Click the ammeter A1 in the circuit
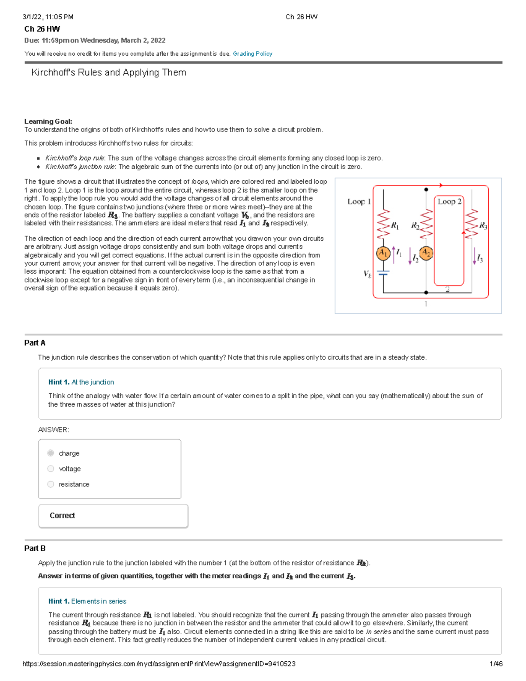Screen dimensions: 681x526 point(383,253)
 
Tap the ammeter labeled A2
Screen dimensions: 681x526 point(426,253)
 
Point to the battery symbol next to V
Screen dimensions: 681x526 point(383,273)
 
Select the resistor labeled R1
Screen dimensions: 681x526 point(383,224)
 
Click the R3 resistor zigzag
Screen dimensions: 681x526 point(471,224)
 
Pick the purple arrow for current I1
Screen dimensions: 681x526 point(394,254)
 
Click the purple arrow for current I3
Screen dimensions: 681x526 point(474,256)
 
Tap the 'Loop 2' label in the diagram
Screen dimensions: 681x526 point(449,201)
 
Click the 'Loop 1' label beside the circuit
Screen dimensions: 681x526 point(359,201)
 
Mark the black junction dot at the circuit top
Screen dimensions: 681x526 point(426,189)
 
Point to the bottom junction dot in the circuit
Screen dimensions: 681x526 point(426,292)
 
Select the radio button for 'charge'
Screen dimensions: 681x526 point(51,453)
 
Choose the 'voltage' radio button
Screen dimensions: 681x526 point(51,469)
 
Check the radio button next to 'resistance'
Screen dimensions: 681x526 point(51,484)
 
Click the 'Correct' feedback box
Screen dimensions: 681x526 point(113,516)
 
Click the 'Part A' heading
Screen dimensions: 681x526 point(35,343)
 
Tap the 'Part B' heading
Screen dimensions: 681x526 point(35,548)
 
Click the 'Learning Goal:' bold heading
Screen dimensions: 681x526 point(48,121)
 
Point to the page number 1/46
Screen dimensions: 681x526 point(496,664)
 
